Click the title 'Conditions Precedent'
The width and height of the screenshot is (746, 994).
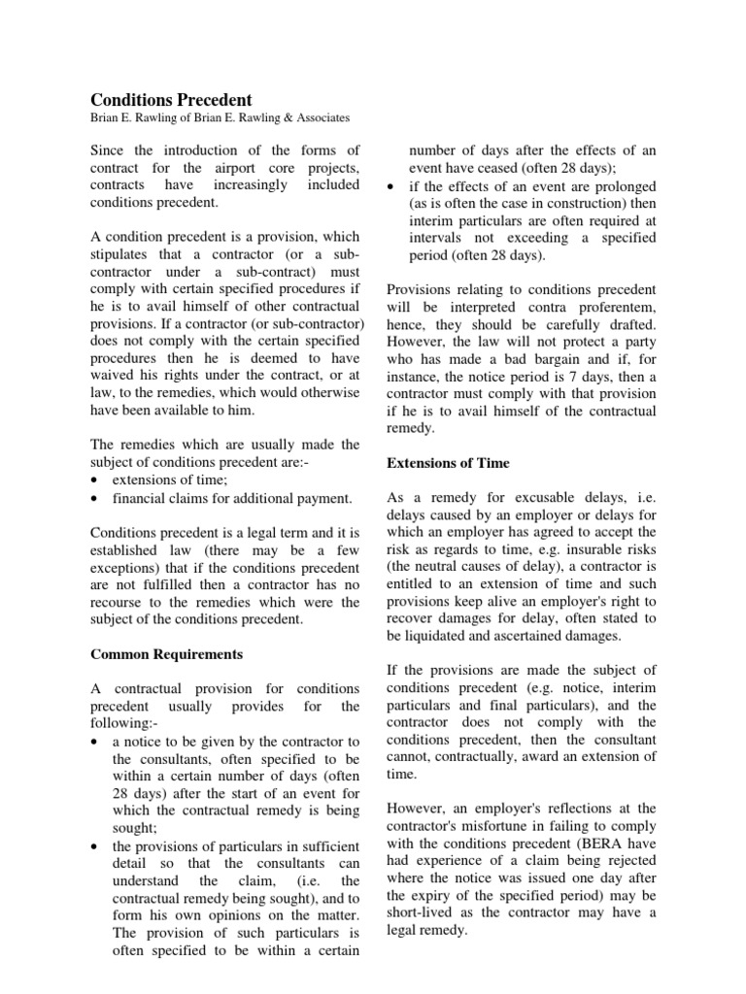171,100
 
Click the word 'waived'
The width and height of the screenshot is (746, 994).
114,376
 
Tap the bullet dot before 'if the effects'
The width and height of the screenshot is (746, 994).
390,186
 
